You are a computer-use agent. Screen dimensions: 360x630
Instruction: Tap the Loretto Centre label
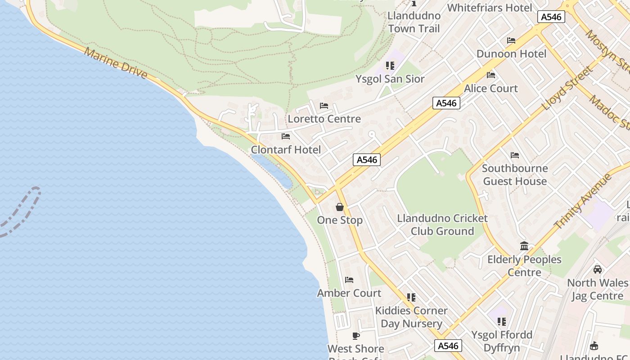point(324,119)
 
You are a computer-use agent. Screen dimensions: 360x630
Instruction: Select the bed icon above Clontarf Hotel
point(286,136)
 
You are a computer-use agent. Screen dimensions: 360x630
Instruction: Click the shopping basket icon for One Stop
point(340,207)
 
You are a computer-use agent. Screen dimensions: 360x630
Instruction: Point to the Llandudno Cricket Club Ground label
point(442,225)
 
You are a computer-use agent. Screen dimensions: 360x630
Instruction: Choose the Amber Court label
point(349,293)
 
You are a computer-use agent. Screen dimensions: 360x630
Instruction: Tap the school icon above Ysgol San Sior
point(390,66)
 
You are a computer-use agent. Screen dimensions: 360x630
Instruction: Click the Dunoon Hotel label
point(511,54)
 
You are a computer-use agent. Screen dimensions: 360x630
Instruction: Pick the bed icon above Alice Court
point(491,75)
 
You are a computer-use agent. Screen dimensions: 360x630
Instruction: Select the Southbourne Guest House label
point(515,175)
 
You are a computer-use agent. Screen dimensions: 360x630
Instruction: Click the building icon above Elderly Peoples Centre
point(524,246)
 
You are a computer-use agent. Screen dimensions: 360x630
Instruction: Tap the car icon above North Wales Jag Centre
point(598,270)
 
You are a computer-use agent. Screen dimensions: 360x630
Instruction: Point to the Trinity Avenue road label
point(583,201)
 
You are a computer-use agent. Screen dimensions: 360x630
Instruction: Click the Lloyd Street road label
point(567,89)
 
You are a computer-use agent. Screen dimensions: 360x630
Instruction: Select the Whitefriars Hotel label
point(490,8)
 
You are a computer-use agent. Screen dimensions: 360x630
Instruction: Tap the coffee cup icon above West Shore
point(356,336)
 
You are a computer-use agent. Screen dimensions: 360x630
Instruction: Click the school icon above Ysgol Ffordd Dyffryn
point(502,322)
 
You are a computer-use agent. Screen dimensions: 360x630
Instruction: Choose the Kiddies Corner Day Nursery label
point(411,317)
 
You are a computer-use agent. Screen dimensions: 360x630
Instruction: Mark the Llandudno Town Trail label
point(414,22)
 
